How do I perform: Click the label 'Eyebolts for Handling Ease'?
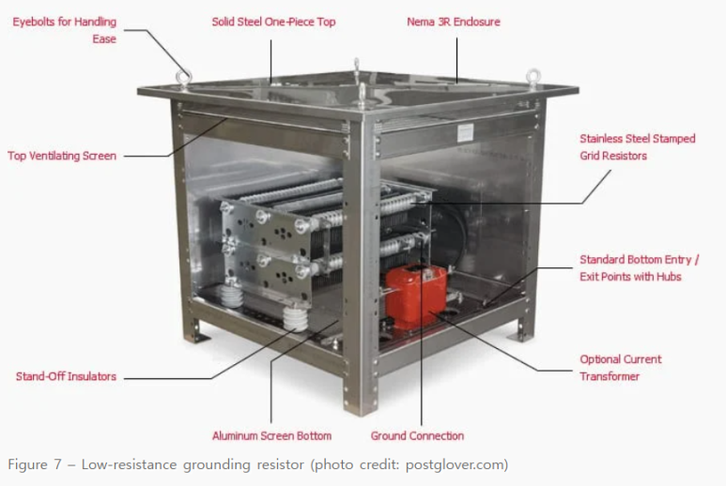(65, 30)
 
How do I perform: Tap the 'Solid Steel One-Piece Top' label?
(273, 22)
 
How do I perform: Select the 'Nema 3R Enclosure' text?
(454, 22)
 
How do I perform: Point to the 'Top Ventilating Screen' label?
(62, 156)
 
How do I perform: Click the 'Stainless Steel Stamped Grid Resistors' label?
(638, 147)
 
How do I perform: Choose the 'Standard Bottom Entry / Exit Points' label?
(640, 267)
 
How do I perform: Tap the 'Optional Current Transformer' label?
(621, 368)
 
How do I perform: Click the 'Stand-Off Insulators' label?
(66, 376)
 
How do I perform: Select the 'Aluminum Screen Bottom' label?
(271, 435)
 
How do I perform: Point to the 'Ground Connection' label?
(417, 435)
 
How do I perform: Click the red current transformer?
(415, 296)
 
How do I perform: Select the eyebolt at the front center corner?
(363, 96)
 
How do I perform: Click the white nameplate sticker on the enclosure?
(465, 133)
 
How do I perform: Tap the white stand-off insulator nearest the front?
(295, 318)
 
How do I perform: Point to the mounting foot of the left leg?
(198, 336)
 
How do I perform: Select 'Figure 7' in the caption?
(34, 464)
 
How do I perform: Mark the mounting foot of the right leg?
(517, 334)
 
